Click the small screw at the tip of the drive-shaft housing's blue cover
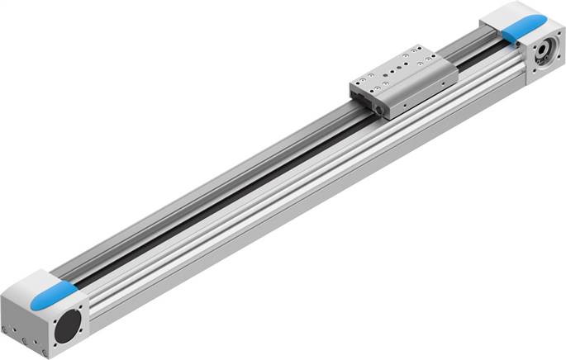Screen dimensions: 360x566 [540, 21]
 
